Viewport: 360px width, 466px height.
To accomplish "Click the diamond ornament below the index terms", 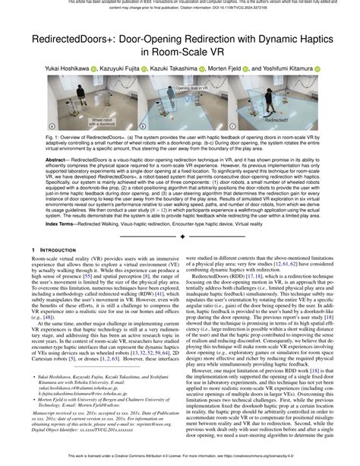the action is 180,236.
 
